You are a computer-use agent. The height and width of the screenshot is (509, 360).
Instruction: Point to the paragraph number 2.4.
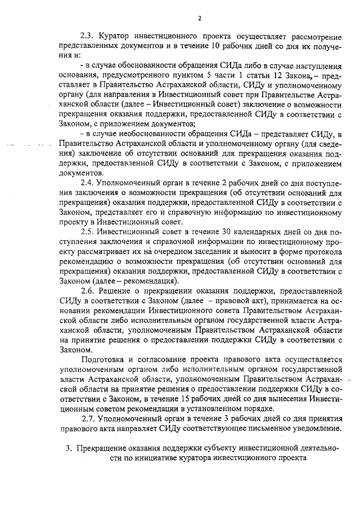pyautogui.click(x=88, y=183)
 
